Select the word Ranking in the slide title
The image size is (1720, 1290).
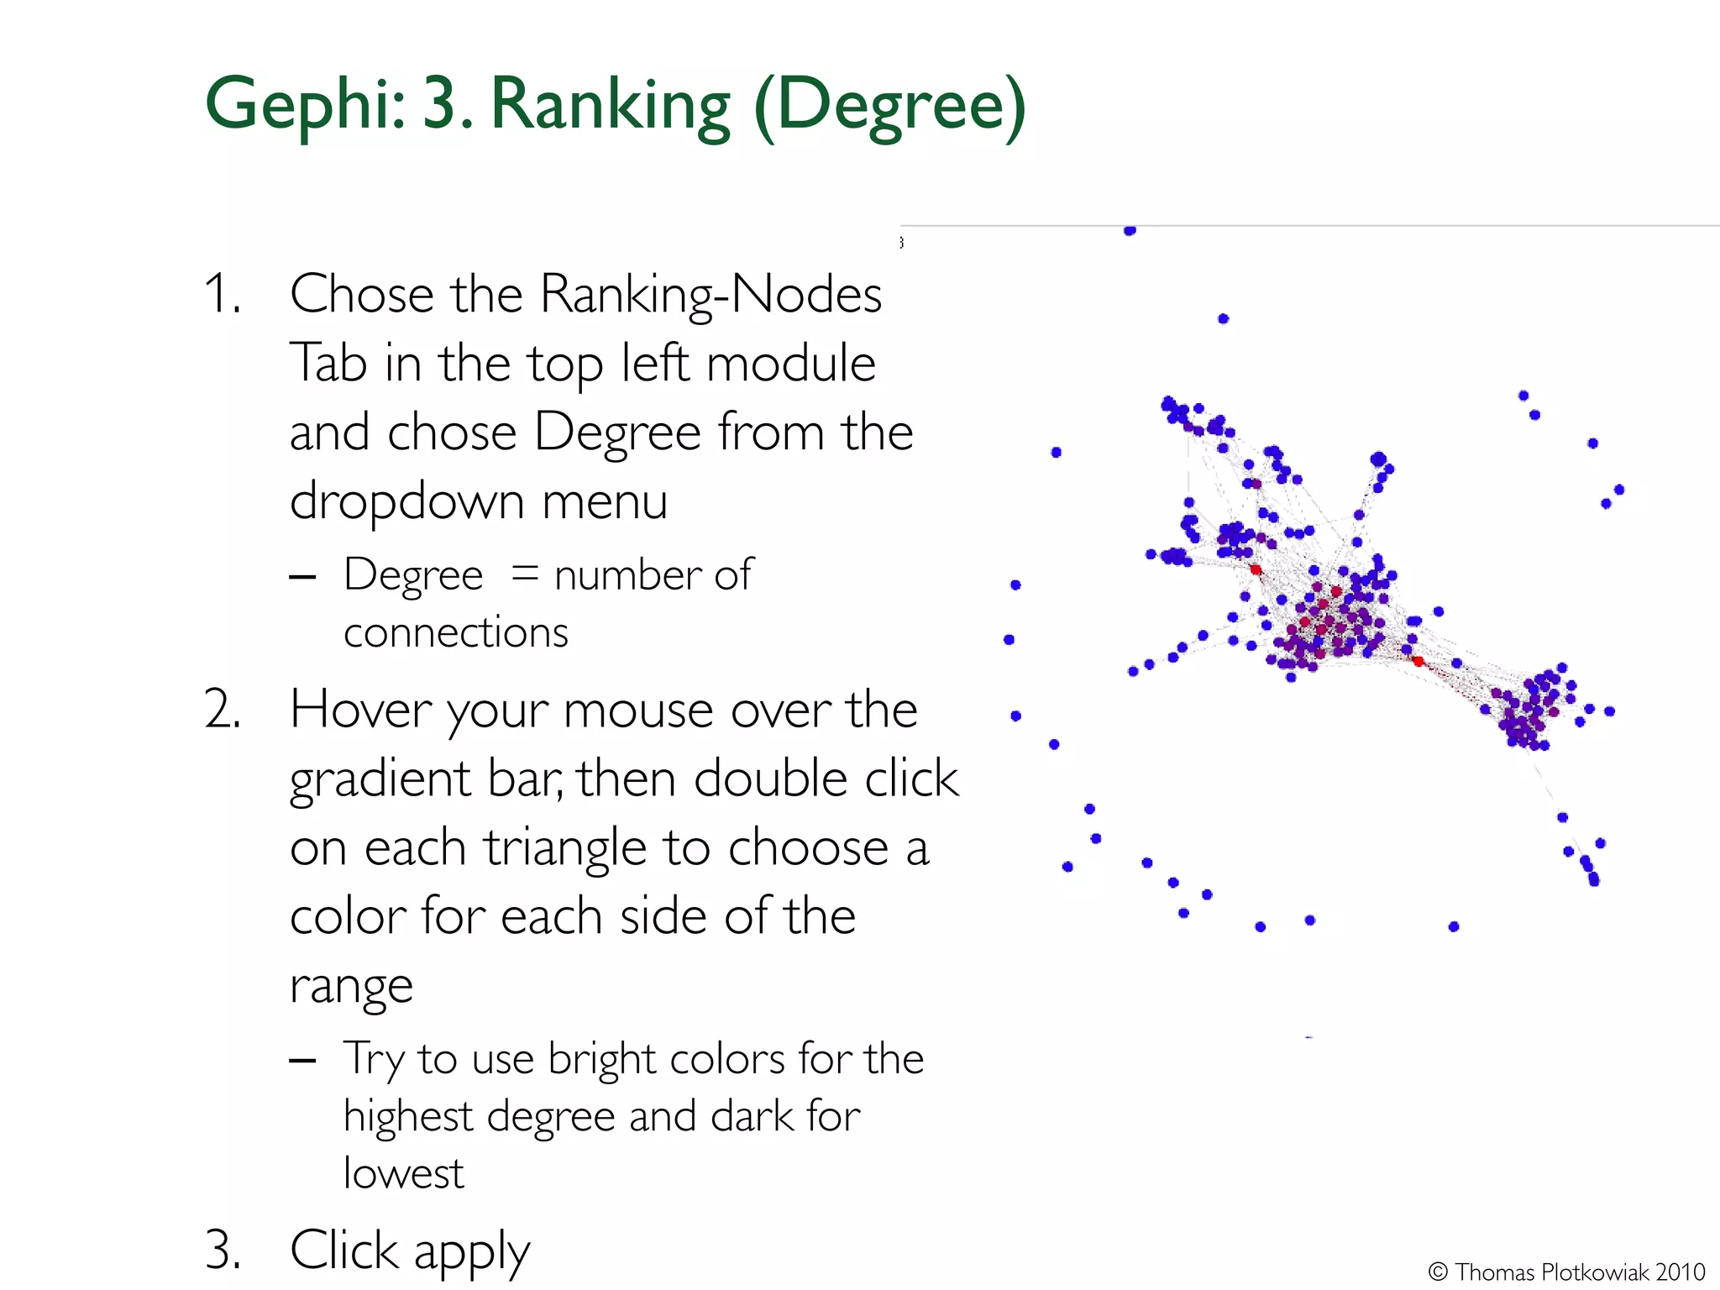pyautogui.click(x=610, y=105)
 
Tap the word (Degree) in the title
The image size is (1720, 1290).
pyautogui.click(x=890, y=105)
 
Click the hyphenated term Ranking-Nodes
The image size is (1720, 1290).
pyautogui.click(x=711, y=295)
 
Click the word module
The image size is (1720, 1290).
pyautogui.click(x=791, y=364)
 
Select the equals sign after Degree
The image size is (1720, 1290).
pyautogui.click(x=525, y=574)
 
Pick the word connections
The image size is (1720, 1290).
pyautogui.click(x=455, y=632)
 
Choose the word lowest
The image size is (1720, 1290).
pyautogui.click(x=403, y=1173)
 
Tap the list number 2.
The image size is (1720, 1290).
pyautogui.click(x=222, y=710)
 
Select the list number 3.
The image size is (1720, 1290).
pyautogui.click(x=222, y=1250)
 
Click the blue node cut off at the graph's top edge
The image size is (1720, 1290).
pyautogui.click(x=1130, y=230)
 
